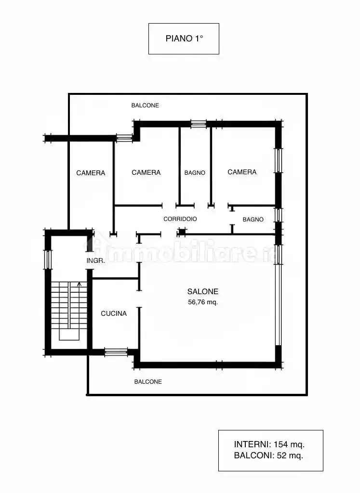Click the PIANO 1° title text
[184, 39]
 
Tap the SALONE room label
[203, 291]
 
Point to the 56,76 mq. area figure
[203, 302]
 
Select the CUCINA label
[114, 313]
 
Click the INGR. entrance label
[96, 260]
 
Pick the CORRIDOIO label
[180, 219]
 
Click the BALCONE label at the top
[145, 105]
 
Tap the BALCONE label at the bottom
[148, 382]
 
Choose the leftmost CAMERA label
[91, 173]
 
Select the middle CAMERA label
[146, 172]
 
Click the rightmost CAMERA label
[242, 172]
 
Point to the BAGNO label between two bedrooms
[195, 173]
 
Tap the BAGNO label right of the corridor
[253, 220]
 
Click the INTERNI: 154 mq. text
[269, 444]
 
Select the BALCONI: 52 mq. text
[268, 455]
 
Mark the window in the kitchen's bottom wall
[116, 352]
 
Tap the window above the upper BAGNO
[199, 124]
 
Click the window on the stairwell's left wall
[48, 259]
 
